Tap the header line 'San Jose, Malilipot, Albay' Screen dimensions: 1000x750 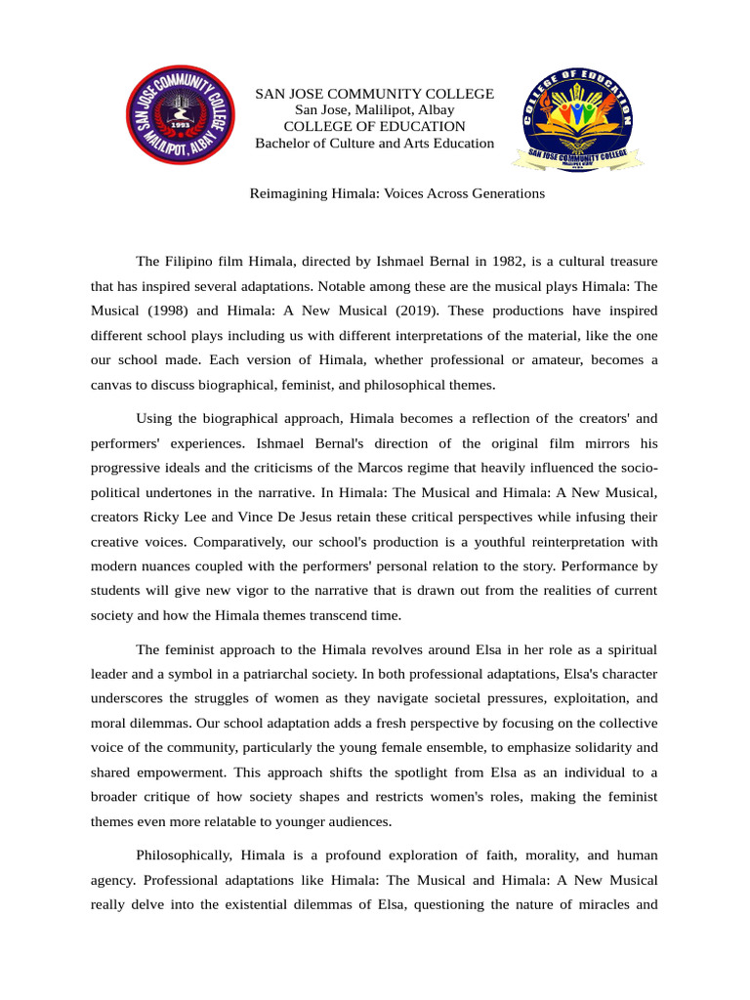(374, 110)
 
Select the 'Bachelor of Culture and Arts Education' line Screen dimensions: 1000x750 (374, 144)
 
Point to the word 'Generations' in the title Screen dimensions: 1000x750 (506, 193)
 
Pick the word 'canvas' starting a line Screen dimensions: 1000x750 (112, 384)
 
